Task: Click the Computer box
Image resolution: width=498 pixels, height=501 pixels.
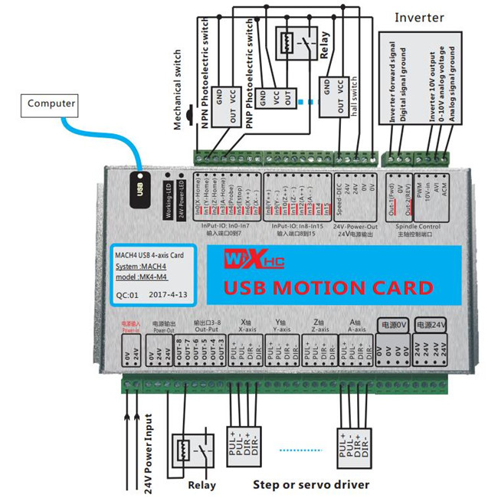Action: (52, 103)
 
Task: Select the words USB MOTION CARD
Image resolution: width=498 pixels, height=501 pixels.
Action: (327, 288)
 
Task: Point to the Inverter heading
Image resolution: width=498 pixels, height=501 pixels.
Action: (420, 17)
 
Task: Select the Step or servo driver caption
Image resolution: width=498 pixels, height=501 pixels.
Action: (311, 484)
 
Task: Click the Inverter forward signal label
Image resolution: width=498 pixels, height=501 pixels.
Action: (392, 84)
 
